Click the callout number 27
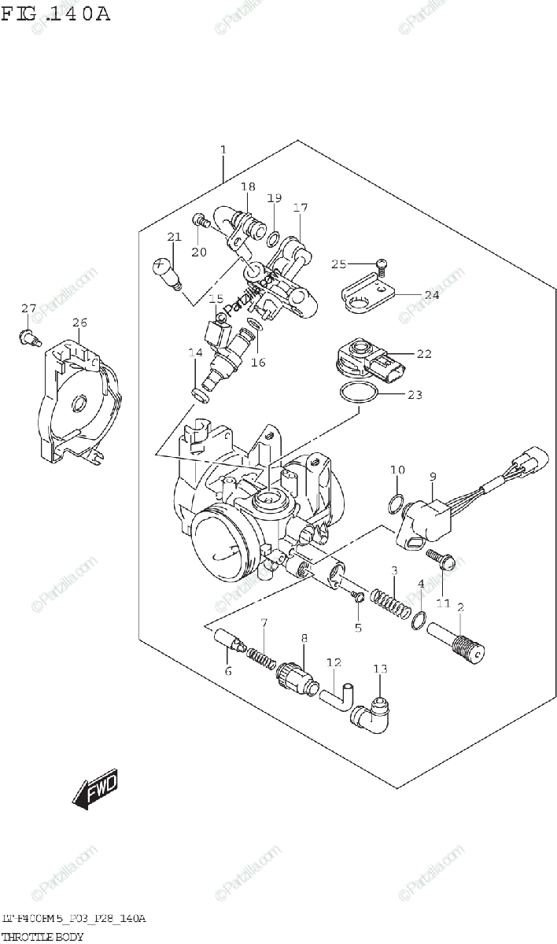pyautogui.click(x=28, y=308)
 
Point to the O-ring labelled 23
pyautogui.click(x=361, y=394)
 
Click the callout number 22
pyautogui.click(x=424, y=354)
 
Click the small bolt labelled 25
pyautogui.click(x=382, y=264)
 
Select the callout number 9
pyautogui.click(x=433, y=476)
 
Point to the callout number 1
pyautogui.click(x=223, y=149)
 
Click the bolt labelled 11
pyautogui.click(x=437, y=561)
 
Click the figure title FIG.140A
pyautogui.click(x=56, y=14)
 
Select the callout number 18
pyautogui.click(x=249, y=187)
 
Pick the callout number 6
pyautogui.click(x=228, y=671)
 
